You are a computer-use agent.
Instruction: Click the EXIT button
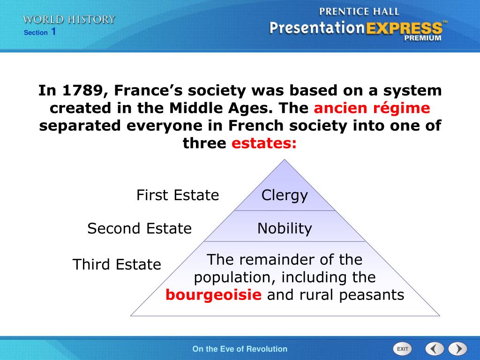(402, 349)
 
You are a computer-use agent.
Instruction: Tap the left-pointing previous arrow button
(435, 349)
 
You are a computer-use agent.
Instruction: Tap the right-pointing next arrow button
(457, 349)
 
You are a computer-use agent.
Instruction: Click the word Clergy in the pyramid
(285, 195)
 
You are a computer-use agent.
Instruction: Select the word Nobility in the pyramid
(285, 228)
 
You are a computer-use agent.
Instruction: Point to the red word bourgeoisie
(213, 295)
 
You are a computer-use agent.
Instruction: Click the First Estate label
(178, 195)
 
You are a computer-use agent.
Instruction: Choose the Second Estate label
(140, 228)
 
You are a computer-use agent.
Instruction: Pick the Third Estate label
(117, 264)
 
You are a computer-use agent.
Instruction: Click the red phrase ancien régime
(372, 108)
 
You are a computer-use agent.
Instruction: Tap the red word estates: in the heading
(264, 143)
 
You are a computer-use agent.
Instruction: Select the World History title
(69, 20)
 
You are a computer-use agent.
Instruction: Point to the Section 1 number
(53, 32)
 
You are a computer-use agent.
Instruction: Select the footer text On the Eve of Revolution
(240, 349)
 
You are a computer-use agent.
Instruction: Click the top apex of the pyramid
(285, 160)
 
